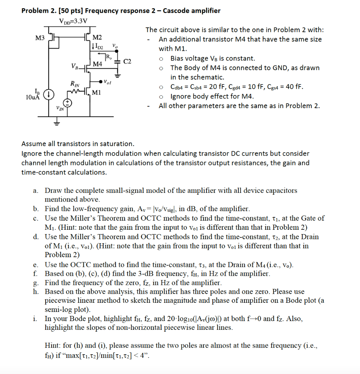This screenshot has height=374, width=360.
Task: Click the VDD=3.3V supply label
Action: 73,20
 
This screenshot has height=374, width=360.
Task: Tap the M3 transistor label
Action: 39,38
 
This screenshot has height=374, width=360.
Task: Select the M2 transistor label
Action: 98,38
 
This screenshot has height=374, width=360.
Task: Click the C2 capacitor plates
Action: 117,62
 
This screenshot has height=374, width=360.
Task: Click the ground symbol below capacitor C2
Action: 117,76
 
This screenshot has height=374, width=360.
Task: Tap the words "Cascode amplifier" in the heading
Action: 192,11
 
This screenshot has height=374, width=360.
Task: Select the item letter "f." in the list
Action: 35,274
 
